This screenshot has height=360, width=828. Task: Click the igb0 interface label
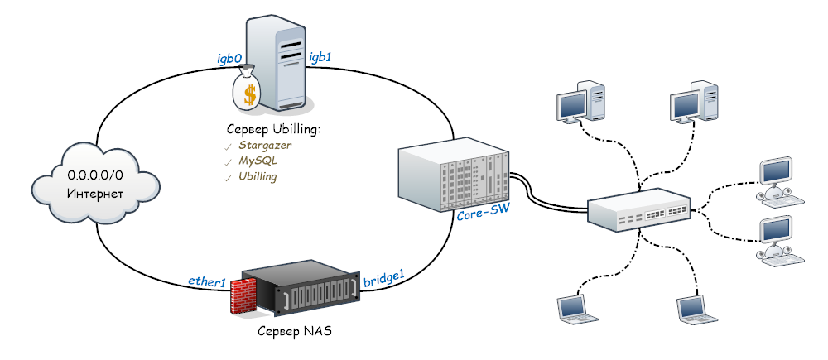[229, 59]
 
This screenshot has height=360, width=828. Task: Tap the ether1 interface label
[207, 283]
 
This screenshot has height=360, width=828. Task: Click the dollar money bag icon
[248, 89]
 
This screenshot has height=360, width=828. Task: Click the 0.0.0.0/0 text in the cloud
[95, 175]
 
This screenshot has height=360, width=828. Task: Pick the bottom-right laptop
[695, 308]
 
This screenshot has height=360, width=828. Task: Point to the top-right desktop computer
[692, 101]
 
